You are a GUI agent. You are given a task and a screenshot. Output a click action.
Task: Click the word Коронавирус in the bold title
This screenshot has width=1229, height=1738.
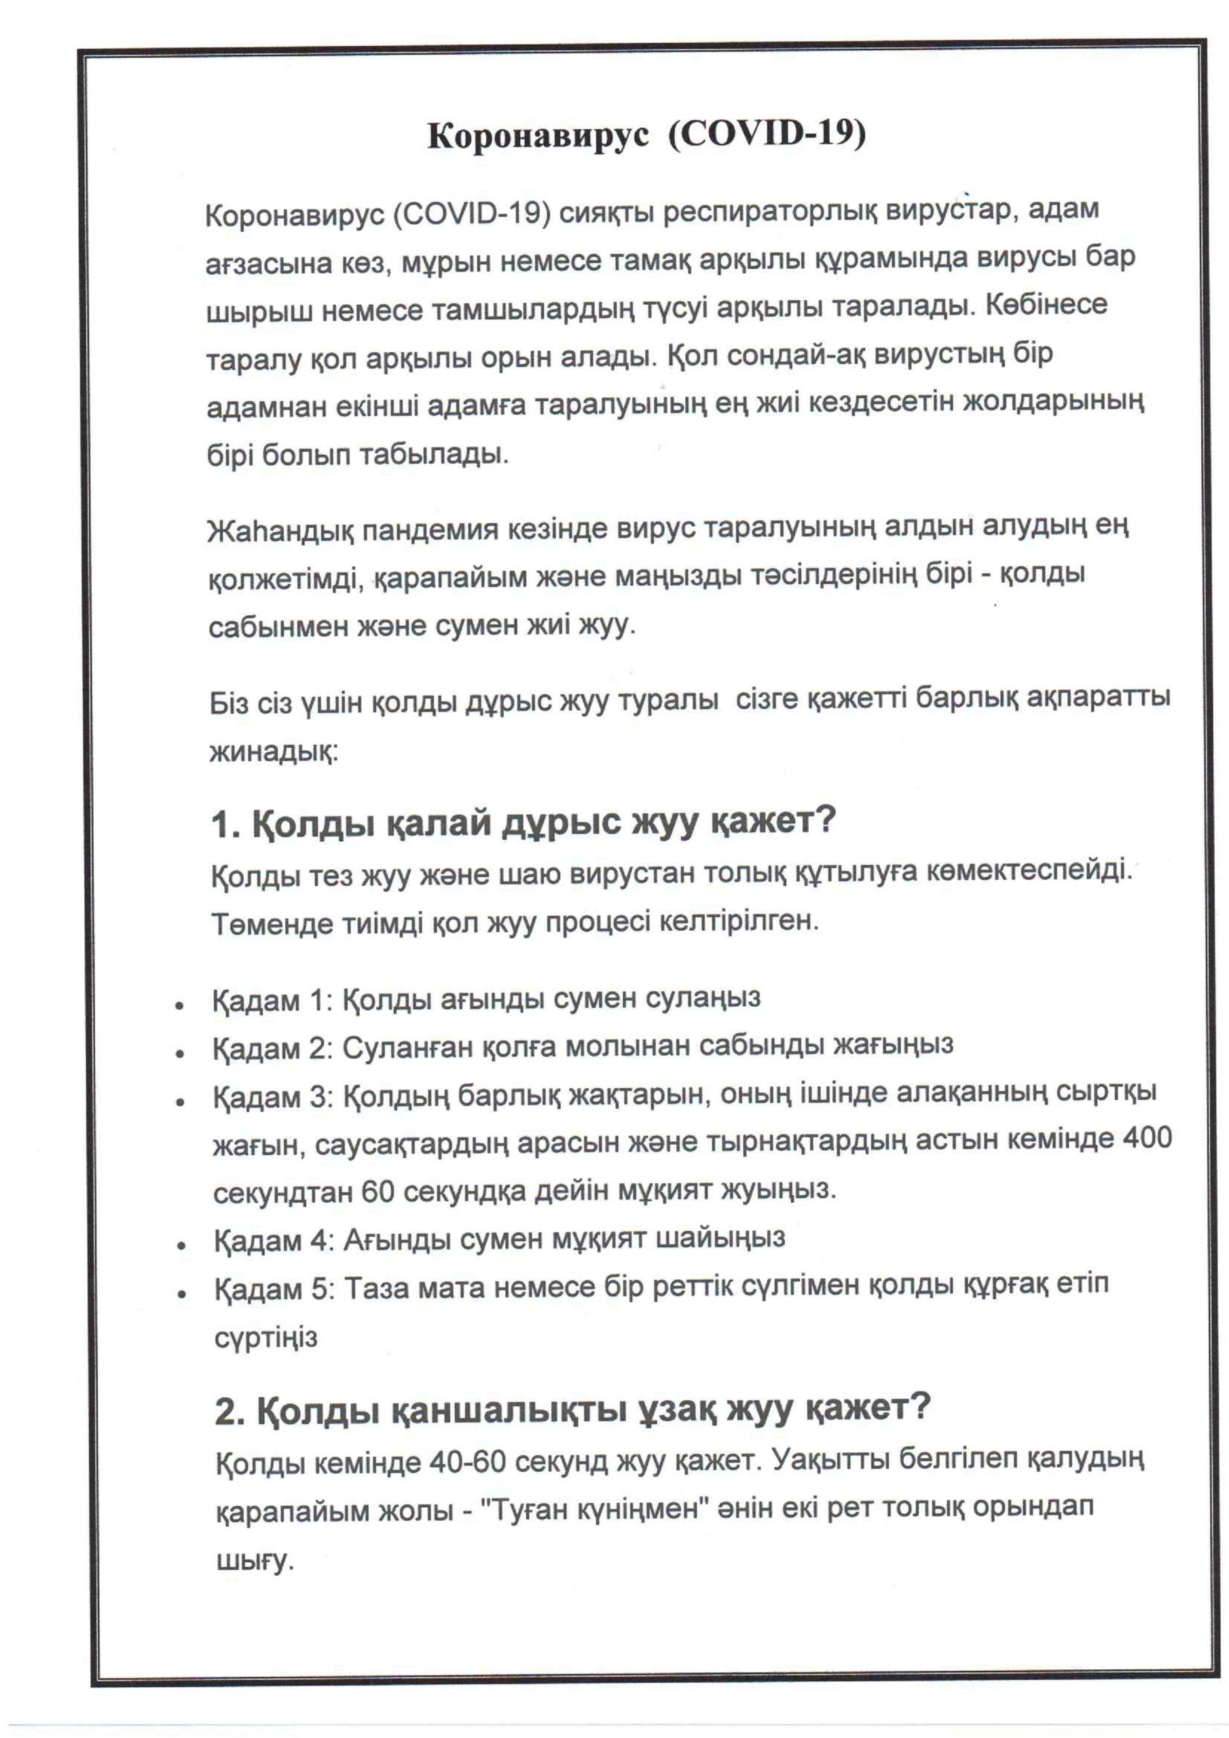[538, 136]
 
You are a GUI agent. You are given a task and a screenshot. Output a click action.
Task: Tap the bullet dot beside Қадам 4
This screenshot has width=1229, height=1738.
[181, 1245]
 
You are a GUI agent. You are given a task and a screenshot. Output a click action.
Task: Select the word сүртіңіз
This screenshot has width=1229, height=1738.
[265, 1337]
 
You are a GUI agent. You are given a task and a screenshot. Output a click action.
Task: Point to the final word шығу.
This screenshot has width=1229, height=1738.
[255, 1559]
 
